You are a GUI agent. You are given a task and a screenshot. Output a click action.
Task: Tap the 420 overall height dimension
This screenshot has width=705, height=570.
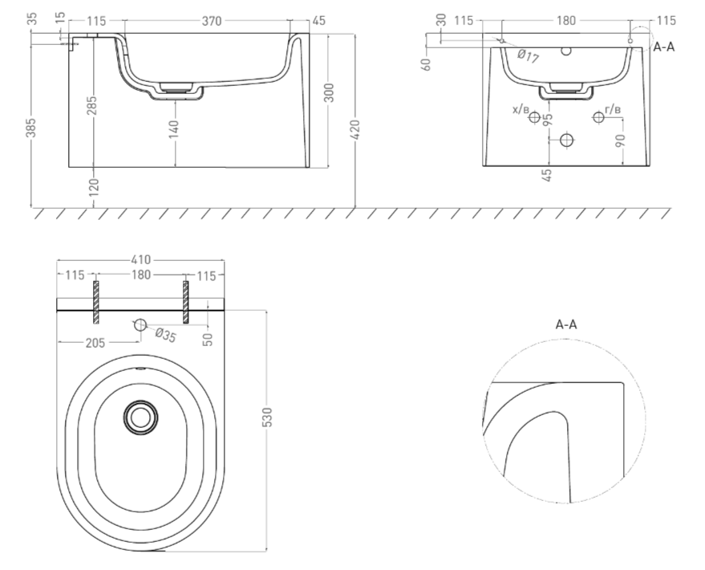(355, 129)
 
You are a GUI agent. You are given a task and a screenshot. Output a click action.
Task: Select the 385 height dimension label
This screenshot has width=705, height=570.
(30, 128)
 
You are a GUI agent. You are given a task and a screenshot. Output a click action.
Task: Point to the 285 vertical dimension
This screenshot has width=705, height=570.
(91, 105)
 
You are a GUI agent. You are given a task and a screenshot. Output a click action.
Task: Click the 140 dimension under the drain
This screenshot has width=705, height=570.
(175, 128)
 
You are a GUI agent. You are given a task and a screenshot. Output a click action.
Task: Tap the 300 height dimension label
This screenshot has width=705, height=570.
(329, 92)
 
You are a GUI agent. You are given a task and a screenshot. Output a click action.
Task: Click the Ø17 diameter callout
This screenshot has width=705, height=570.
(528, 56)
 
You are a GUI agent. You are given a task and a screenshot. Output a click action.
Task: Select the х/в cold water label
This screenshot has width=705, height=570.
(521, 109)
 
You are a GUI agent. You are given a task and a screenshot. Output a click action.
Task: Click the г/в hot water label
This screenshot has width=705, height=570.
(613, 109)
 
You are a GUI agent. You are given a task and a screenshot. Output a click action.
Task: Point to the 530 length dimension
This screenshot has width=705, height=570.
(267, 417)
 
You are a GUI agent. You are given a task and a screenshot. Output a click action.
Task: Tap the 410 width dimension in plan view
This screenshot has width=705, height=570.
(140, 260)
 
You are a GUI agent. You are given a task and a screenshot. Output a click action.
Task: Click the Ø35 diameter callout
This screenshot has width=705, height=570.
(165, 335)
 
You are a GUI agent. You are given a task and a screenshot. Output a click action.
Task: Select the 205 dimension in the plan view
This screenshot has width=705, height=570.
(95, 344)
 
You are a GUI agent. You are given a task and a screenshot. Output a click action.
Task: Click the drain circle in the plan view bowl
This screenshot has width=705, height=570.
(140, 417)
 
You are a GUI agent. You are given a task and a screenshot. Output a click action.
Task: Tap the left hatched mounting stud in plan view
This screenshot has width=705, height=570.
(95, 302)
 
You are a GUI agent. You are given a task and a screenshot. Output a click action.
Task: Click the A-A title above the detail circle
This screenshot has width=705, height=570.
(566, 324)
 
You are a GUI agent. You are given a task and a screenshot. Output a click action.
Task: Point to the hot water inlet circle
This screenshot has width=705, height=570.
(598, 117)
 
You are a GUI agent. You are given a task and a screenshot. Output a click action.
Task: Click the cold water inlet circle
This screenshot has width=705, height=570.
(535, 117)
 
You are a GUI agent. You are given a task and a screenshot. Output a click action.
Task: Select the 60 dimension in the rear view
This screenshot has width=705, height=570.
(427, 64)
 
